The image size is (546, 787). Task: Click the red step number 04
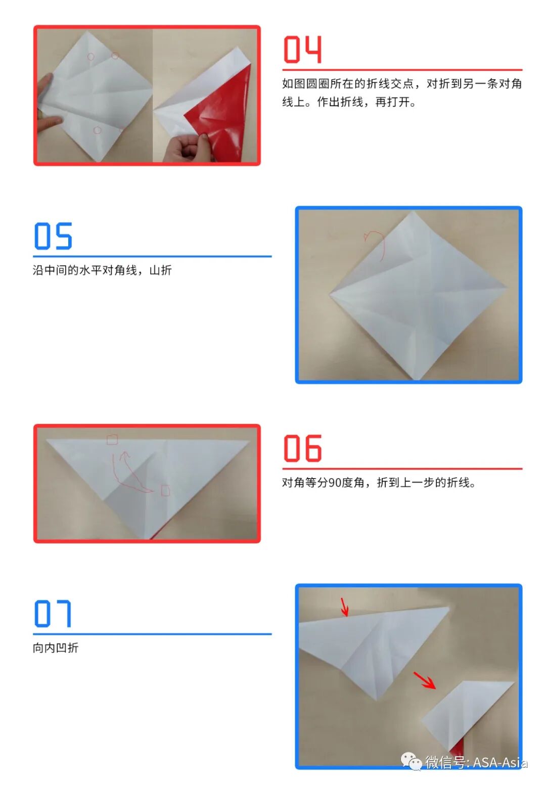[302, 49]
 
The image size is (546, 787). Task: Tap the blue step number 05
[53, 236]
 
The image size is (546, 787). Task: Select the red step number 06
[302, 448]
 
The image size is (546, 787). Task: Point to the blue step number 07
[53, 614]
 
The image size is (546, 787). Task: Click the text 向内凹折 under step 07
[56, 648]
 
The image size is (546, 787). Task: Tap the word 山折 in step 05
[161, 270]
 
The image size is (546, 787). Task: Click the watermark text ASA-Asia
[500, 762]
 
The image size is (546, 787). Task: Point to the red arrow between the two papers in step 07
[425, 680]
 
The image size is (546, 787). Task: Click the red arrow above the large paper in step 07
[345, 607]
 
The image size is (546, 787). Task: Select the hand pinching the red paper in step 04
[188, 148]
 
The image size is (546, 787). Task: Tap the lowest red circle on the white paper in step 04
[98, 130]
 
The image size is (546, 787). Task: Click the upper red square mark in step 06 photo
[112, 440]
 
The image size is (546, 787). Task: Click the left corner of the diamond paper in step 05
[330, 294]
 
